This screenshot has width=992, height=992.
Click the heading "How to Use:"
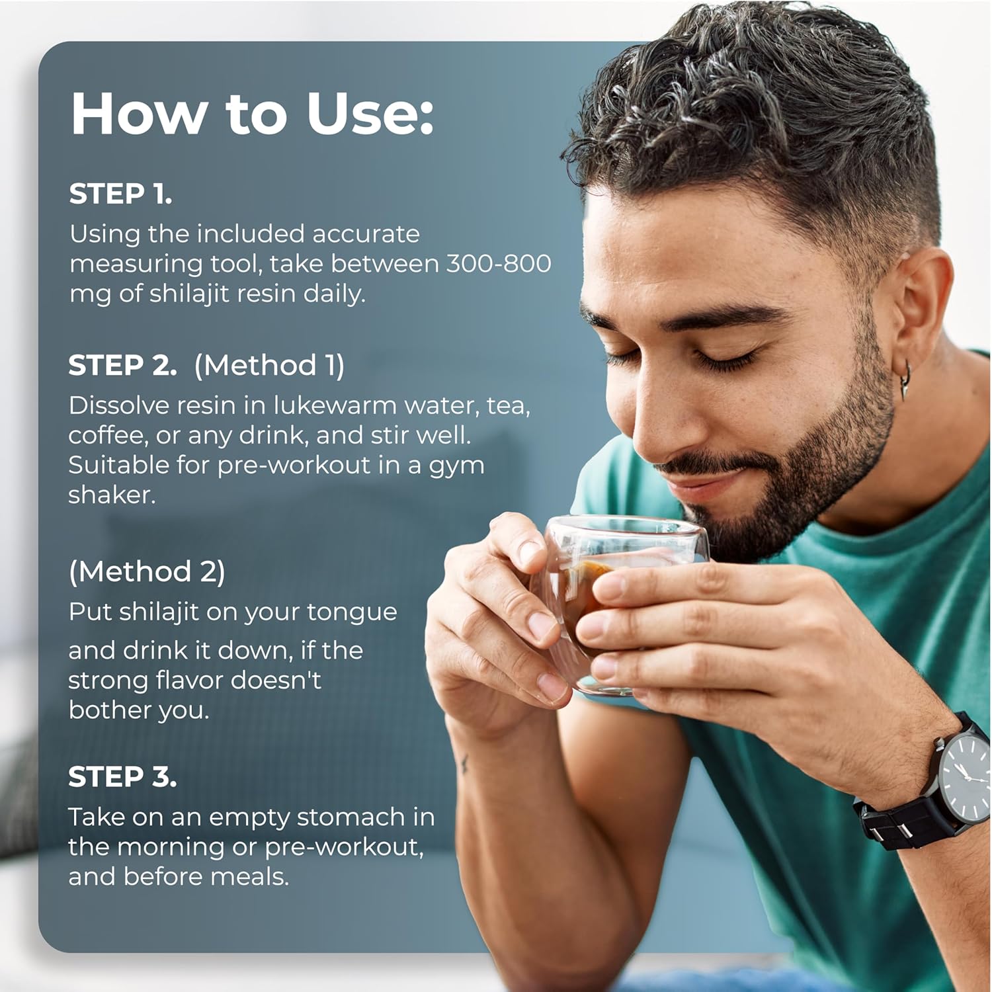(252, 113)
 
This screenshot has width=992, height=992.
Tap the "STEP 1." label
(120, 194)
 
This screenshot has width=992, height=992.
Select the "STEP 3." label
(122, 777)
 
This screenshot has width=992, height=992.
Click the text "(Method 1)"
(269, 365)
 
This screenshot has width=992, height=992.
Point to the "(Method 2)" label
(147, 571)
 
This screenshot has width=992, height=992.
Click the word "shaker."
(112, 494)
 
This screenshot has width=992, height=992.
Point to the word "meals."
(250, 876)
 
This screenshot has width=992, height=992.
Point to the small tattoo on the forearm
(465, 765)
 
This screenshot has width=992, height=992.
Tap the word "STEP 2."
(122, 366)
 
